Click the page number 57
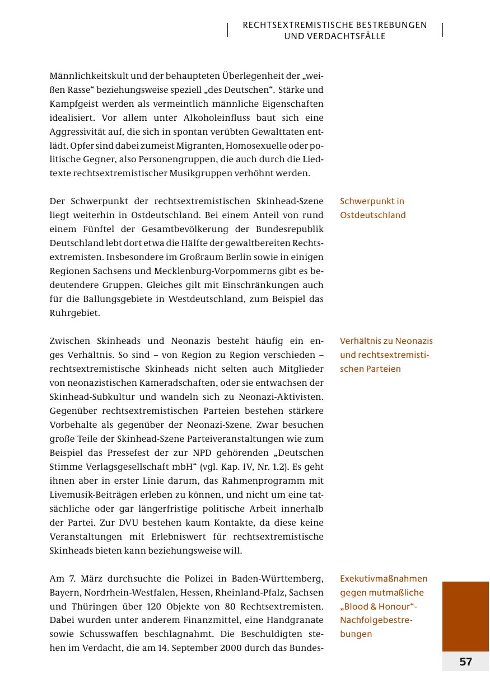tap(465, 662)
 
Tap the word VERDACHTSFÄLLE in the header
tap(335, 36)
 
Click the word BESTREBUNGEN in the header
tap(394, 25)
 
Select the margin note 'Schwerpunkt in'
tap(372, 201)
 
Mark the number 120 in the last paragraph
tap(164, 607)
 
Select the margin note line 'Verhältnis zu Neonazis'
tap(386, 341)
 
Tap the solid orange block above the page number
tap(465, 616)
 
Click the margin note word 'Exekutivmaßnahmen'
tap(384, 579)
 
